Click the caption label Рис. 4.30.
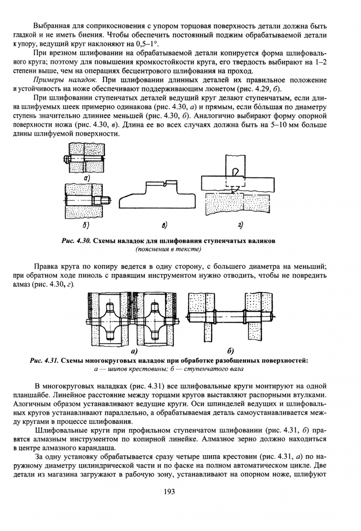[76, 241]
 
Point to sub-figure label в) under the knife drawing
[165, 225]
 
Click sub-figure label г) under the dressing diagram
[240, 225]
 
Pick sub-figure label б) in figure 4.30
[85, 225]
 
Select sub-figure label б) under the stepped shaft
[231, 350]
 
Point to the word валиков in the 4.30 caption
[263, 241]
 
